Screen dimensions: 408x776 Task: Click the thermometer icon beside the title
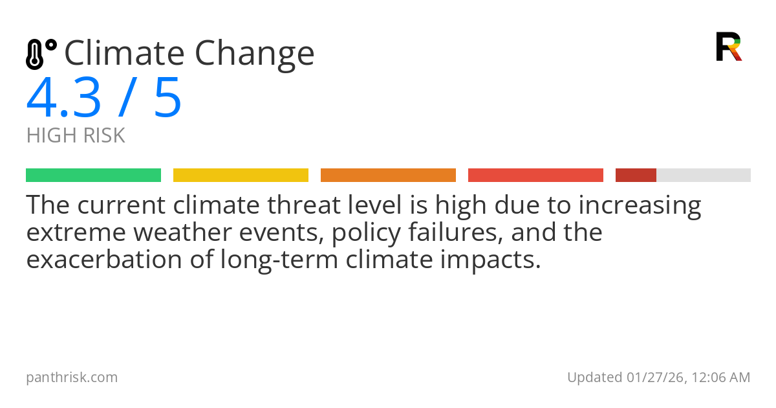[40, 54]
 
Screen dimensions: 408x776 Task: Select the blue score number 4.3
[64, 98]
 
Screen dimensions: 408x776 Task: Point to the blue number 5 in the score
[167, 98]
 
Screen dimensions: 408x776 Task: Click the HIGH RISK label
[76, 136]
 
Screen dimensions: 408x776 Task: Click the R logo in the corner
[728, 47]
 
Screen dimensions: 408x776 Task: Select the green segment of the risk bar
[93, 176]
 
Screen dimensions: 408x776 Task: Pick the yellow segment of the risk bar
[241, 176]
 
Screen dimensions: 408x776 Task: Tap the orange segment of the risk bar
[388, 176]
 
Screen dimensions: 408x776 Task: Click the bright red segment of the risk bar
[535, 176]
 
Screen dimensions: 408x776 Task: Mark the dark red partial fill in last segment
[636, 176]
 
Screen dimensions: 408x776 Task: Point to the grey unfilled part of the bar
[704, 176]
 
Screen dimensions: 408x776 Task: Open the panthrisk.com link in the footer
[72, 378]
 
